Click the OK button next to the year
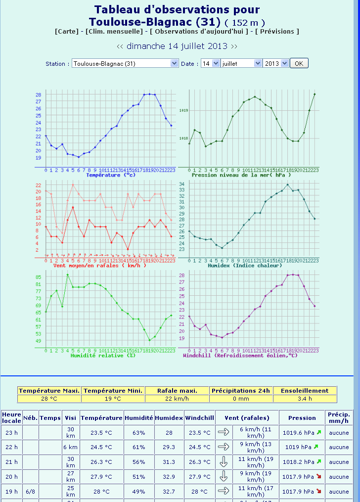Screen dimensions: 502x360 click(299, 63)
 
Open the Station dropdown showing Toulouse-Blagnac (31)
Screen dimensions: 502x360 click(125, 63)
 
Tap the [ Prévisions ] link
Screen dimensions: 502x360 click(277, 31)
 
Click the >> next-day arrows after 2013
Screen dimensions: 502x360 click(234, 46)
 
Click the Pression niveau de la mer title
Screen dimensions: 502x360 click(241, 175)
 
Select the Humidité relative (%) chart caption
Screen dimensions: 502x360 click(103, 355)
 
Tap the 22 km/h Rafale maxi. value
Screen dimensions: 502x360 click(177, 399)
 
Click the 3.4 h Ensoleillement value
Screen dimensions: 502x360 click(305, 399)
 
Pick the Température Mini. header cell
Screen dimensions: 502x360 click(113, 391)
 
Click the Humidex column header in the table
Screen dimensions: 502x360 click(169, 418)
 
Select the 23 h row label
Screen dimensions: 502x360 click(11, 432)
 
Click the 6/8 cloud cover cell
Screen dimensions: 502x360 click(30, 492)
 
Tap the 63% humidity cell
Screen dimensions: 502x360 click(139, 432)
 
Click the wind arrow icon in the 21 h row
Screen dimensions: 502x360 click(224, 462)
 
